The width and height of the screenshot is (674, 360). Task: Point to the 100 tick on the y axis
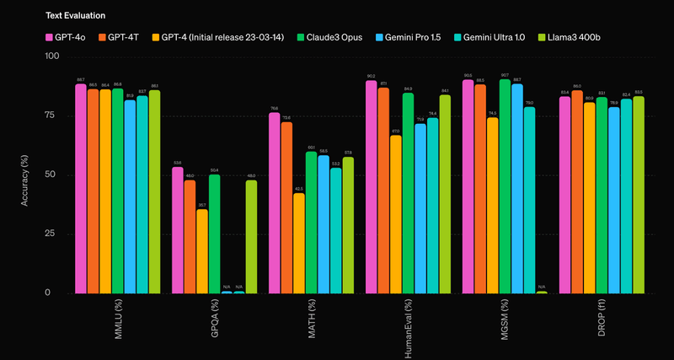(x=52, y=56)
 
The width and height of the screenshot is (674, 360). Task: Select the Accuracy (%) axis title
(x=25, y=175)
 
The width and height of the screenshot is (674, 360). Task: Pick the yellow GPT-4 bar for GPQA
(x=202, y=250)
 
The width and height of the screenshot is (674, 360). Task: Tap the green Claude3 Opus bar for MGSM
(x=505, y=185)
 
